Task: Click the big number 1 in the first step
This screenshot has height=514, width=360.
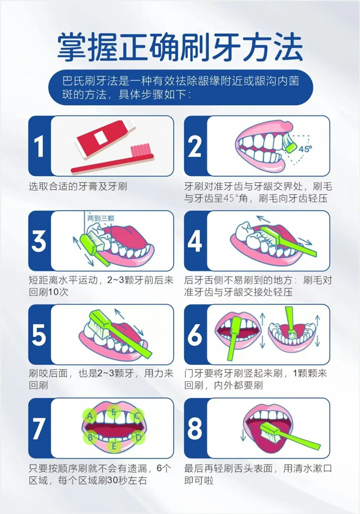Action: tap(39, 146)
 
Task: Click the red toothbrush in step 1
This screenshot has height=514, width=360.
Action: tap(112, 159)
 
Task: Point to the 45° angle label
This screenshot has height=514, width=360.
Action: tap(305, 149)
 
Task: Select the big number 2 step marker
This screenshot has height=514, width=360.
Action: tap(195, 146)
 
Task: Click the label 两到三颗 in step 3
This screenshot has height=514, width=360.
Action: tap(101, 218)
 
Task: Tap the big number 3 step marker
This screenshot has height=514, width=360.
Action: tap(39, 241)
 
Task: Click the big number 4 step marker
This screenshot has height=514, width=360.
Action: tap(195, 241)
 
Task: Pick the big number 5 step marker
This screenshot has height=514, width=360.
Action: tap(39, 335)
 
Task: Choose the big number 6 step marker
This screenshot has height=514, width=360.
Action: tap(195, 335)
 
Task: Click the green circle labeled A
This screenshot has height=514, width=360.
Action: tap(90, 417)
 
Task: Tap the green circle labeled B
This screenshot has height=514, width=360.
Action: tap(91, 438)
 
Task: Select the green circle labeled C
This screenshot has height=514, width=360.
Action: tap(137, 416)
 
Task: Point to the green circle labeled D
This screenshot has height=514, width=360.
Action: tap(138, 437)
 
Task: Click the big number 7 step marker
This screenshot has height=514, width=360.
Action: tap(39, 429)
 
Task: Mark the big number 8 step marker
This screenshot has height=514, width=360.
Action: tap(195, 429)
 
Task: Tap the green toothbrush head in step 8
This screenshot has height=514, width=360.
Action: tap(269, 430)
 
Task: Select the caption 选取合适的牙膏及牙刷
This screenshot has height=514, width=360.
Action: tap(78, 187)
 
